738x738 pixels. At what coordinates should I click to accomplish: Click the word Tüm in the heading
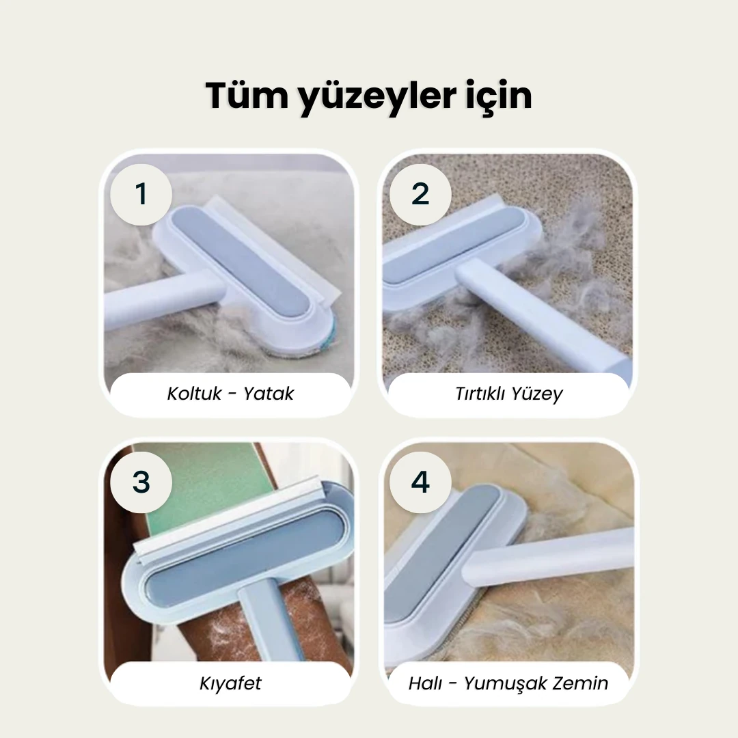[x=247, y=96]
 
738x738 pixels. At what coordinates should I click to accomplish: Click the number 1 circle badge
[x=141, y=194]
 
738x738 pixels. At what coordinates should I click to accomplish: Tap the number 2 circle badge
[x=420, y=194]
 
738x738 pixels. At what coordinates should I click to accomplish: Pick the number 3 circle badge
[x=141, y=482]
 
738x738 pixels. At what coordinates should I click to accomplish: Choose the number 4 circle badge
[x=420, y=482]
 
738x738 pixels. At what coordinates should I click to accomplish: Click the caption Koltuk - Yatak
[x=230, y=394]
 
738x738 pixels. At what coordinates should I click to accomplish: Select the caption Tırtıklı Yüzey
[x=509, y=394]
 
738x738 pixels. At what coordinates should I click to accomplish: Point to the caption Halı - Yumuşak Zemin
[x=508, y=683]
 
